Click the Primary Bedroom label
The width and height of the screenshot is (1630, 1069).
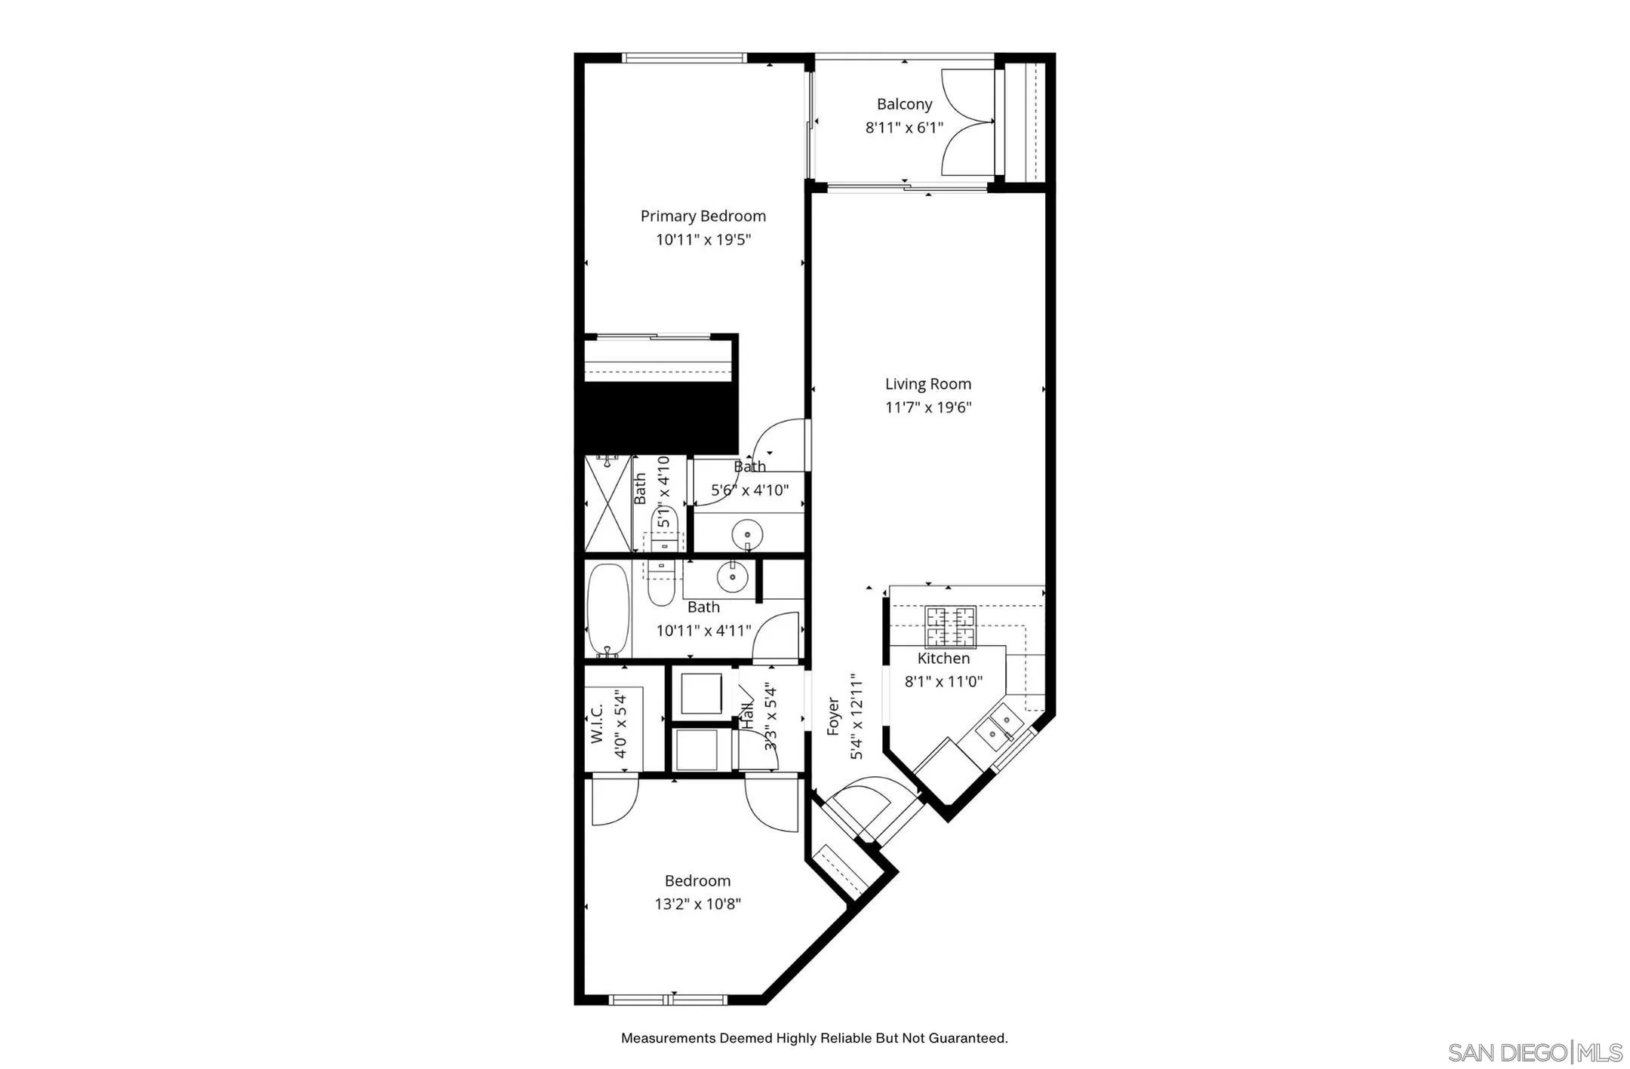pos(703,216)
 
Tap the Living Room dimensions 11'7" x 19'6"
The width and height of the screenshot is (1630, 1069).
pos(927,407)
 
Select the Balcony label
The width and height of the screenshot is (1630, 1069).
pos(904,104)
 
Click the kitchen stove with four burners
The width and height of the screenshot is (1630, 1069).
pos(951,626)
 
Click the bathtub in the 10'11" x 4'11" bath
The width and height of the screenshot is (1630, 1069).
pos(608,610)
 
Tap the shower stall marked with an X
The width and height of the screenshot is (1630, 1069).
pos(608,503)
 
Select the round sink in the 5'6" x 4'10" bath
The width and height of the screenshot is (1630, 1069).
pos(747,535)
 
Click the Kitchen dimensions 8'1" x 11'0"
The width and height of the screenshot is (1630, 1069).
pos(943,681)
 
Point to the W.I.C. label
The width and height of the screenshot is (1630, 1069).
pos(597,723)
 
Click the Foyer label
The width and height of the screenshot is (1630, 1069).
pos(833,717)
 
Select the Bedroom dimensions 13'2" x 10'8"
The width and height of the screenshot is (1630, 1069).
pos(697,904)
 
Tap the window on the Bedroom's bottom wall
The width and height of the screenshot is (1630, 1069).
pos(668,1000)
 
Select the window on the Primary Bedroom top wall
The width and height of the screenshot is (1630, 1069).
pos(684,57)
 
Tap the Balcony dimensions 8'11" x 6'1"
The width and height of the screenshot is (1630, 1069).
pos(904,127)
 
